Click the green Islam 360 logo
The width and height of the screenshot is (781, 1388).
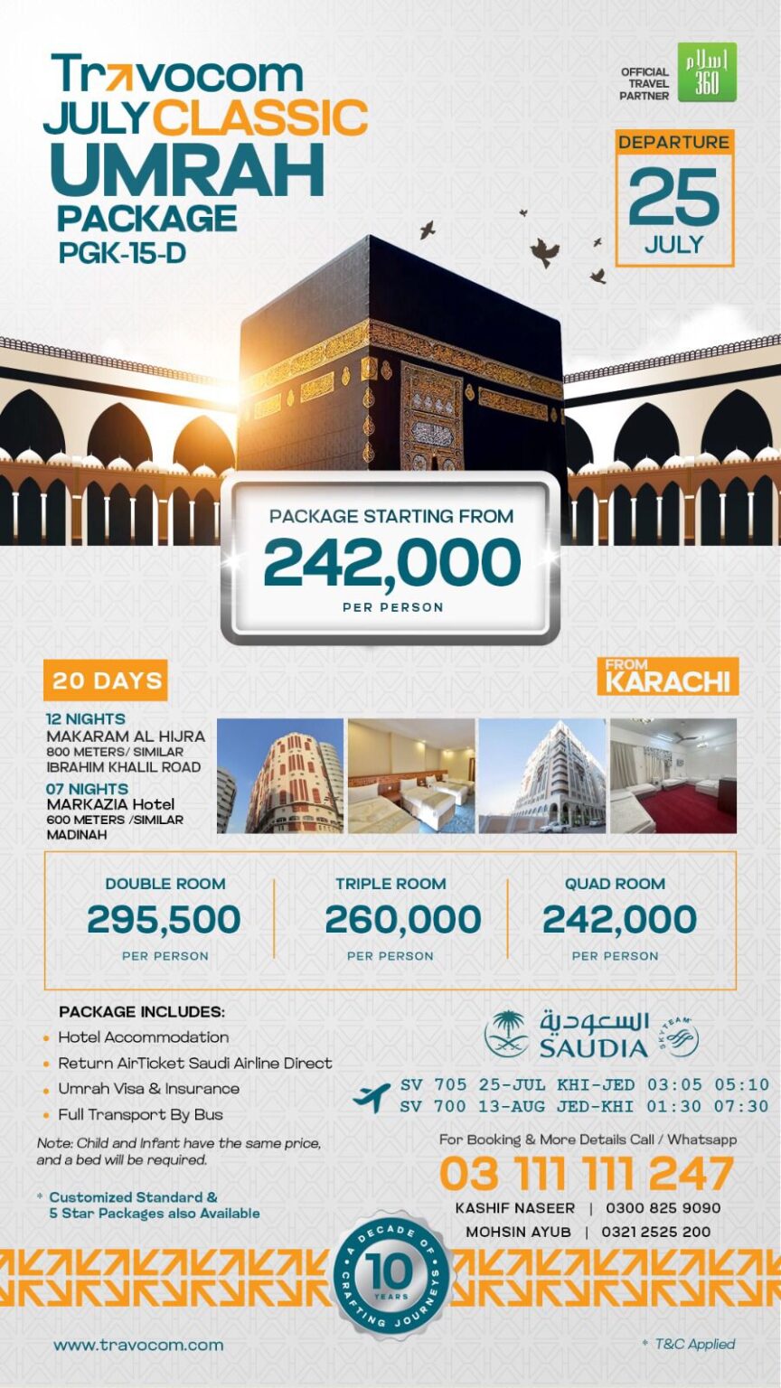(x=707, y=72)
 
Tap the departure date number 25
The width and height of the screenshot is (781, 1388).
(x=674, y=197)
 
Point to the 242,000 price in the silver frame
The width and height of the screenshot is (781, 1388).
(x=391, y=562)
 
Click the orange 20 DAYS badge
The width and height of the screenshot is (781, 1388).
(x=107, y=680)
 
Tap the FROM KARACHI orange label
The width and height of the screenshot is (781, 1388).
(x=667, y=677)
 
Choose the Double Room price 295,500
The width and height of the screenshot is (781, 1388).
(x=164, y=920)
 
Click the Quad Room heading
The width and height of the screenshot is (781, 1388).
(x=615, y=884)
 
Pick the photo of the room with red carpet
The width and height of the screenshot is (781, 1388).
(x=673, y=775)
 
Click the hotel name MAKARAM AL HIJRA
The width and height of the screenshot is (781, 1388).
(x=126, y=736)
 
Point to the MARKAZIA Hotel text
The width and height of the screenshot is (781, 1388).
(x=110, y=804)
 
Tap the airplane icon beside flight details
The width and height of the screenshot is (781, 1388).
(x=372, y=1096)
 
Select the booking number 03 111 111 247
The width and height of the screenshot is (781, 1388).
(x=586, y=1174)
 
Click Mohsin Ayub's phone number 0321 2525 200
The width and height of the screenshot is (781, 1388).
(x=658, y=1232)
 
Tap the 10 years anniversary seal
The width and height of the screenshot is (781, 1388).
(x=390, y=1275)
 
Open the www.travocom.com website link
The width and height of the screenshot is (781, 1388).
(x=138, y=1345)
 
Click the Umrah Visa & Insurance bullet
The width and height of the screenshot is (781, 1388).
(x=148, y=1089)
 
